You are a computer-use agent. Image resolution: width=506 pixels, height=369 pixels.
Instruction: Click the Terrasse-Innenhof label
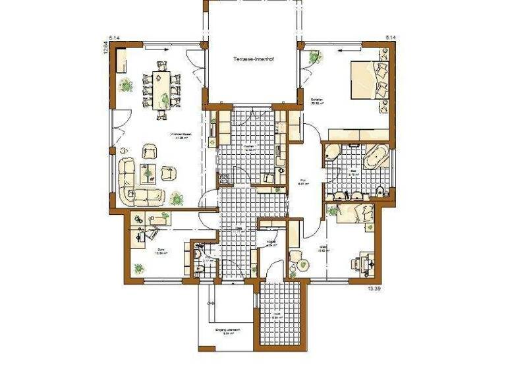point(252,59)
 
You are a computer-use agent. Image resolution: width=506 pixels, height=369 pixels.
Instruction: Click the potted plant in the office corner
point(138,268)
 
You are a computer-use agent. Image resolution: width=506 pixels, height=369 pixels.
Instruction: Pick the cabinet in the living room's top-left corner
point(122,62)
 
